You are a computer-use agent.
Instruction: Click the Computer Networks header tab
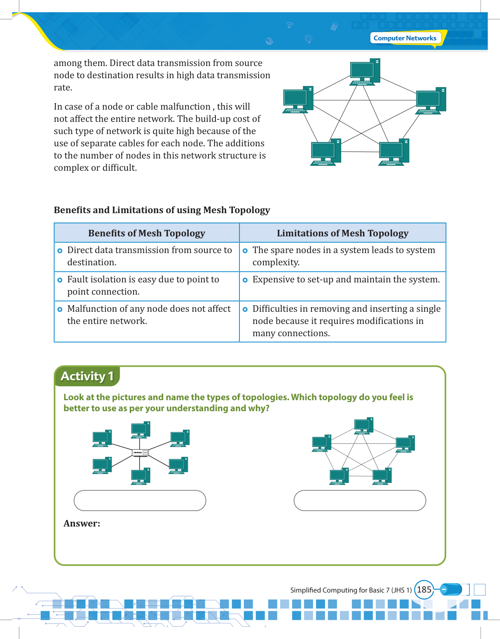tap(405, 38)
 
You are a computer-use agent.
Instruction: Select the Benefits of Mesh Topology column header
tap(147, 233)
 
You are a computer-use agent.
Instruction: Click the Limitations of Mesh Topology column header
tap(342, 233)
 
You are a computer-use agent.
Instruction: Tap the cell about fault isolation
tap(147, 286)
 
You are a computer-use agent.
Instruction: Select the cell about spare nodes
tap(342, 256)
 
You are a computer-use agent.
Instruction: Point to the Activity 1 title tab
tap(87, 376)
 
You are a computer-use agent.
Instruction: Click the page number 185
tap(424, 590)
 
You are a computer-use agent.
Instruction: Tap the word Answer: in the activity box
tap(82, 524)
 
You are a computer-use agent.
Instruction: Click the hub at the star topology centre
tap(140, 452)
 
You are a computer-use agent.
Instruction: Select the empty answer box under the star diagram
tap(140, 500)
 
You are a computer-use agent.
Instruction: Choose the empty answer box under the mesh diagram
tap(360, 500)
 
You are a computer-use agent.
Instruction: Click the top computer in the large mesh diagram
tap(364, 72)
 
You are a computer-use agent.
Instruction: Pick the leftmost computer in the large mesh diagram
tap(298, 99)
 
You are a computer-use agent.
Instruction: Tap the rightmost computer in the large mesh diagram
tap(431, 101)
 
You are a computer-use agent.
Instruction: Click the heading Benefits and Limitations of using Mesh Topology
tap(162, 210)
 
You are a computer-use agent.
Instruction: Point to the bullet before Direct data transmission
tap(60, 251)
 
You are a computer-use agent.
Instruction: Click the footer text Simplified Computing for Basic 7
tap(351, 590)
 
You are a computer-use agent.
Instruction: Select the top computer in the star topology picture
tap(140, 430)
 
